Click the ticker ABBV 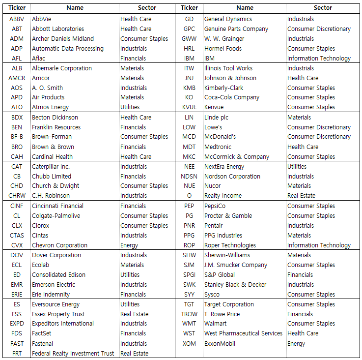(17, 19)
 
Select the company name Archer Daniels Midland (62, 39)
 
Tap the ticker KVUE (189, 107)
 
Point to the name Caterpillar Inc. (51, 167)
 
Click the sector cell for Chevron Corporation (129, 245)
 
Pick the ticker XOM (189, 344)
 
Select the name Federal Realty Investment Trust (73, 354)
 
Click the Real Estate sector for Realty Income (302, 196)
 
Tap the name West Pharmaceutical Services (243, 333)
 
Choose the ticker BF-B (17, 137)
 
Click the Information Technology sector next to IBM (319, 59)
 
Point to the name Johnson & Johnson (230, 78)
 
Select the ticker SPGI (189, 275)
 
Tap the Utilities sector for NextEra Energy (297, 167)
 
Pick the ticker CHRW (17, 196)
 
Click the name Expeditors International (62, 324)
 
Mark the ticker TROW (189, 314)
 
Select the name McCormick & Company (236, 157)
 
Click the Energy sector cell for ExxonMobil (296, 344)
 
